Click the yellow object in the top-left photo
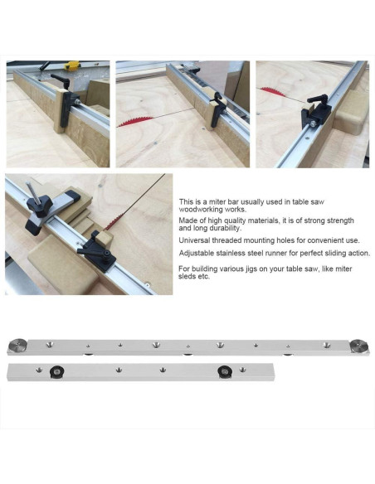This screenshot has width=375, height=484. tap(72, 65)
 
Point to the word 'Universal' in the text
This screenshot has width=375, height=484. tap(194, 240)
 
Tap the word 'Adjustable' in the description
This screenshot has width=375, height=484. tap(197, 254)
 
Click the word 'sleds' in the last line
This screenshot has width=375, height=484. tap(188, 278)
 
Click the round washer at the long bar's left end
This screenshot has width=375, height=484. tap(16, 346)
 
